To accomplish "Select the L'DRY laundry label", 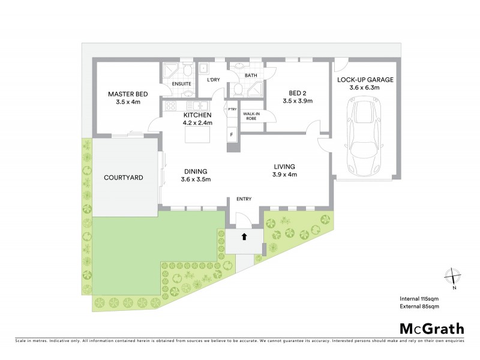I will point(212,80).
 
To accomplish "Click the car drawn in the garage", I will point(364,135).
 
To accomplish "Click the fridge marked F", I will point(232,134).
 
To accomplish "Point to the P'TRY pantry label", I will point(232,109).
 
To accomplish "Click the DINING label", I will point(195,171).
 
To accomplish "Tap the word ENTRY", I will point(244,199).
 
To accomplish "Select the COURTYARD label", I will point(123,178).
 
